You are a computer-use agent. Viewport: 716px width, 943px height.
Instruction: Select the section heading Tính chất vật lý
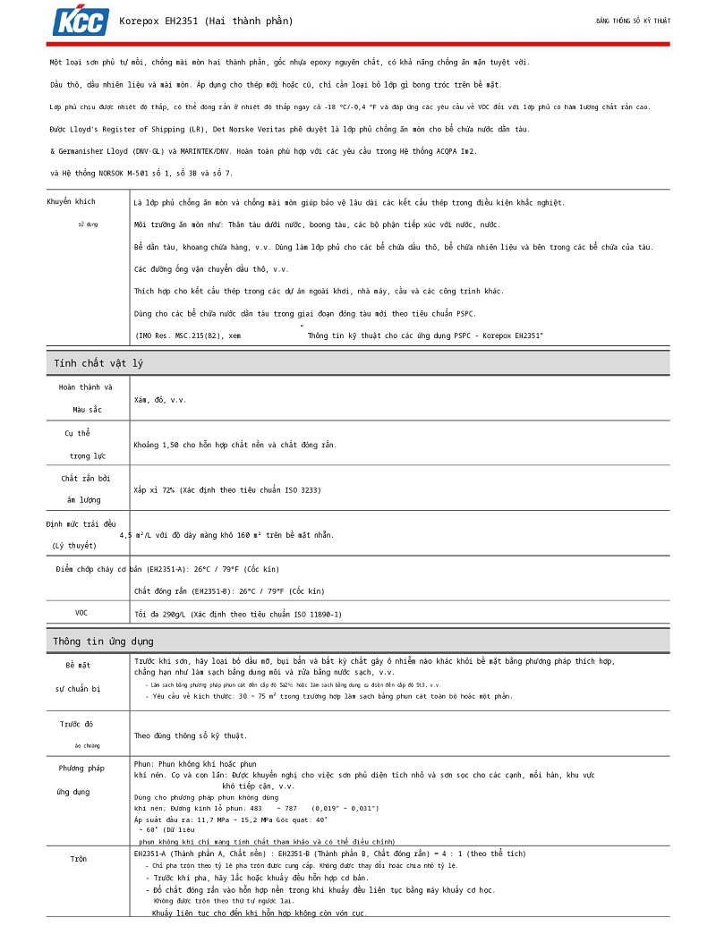tap(98, 363)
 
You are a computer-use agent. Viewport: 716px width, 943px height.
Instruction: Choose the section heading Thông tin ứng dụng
tap(103, 641)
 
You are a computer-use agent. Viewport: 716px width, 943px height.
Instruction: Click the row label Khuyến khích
tap(71, 201)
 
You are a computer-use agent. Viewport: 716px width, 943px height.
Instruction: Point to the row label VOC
tap(81, 613)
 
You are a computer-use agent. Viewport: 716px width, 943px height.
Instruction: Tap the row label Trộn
tap(79, 859)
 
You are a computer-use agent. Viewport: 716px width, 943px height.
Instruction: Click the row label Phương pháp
tap(81, 769)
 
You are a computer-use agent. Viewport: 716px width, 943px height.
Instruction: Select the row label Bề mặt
tap(78, 666)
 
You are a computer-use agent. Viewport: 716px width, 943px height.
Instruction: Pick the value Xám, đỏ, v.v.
tap(160, 400)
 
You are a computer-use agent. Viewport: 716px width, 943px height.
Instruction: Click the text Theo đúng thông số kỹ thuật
tap(191, 735)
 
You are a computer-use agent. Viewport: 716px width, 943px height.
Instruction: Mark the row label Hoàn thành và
tap(85, 387)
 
